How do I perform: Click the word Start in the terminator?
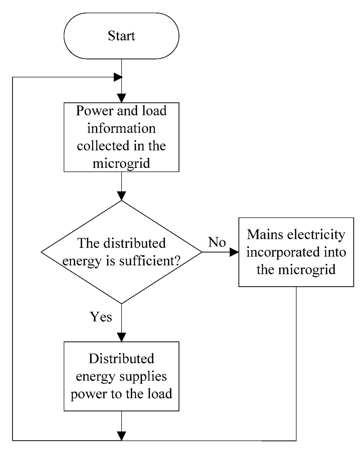click(121, 36)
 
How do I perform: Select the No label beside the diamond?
click(217, 242)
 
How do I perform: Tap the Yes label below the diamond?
click(101, 317)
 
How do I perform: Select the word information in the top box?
click(121, 129)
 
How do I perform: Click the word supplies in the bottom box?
click(144, 376)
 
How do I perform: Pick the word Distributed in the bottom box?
click(121, 359)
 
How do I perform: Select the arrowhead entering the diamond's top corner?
click(121, 196)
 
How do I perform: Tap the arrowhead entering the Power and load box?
click(121, 98)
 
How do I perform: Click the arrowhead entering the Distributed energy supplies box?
click(121, 337)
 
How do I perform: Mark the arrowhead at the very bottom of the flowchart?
click(121, 436)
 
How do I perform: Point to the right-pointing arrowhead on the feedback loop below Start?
click(118, 77)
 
